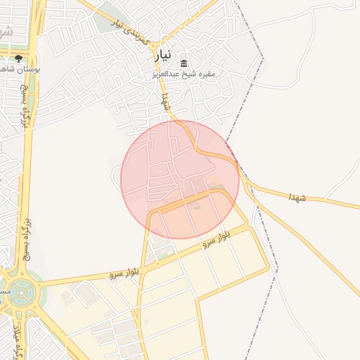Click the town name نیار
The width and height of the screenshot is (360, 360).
coord(163,56)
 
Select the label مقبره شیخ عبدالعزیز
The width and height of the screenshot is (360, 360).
coord(184,73)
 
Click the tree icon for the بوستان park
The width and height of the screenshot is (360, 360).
coord(18,58)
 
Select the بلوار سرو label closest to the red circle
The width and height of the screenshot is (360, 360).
coord(217,239)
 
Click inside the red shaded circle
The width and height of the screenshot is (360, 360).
coord(180,180)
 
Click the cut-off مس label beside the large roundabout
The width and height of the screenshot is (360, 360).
coord(4,289)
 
